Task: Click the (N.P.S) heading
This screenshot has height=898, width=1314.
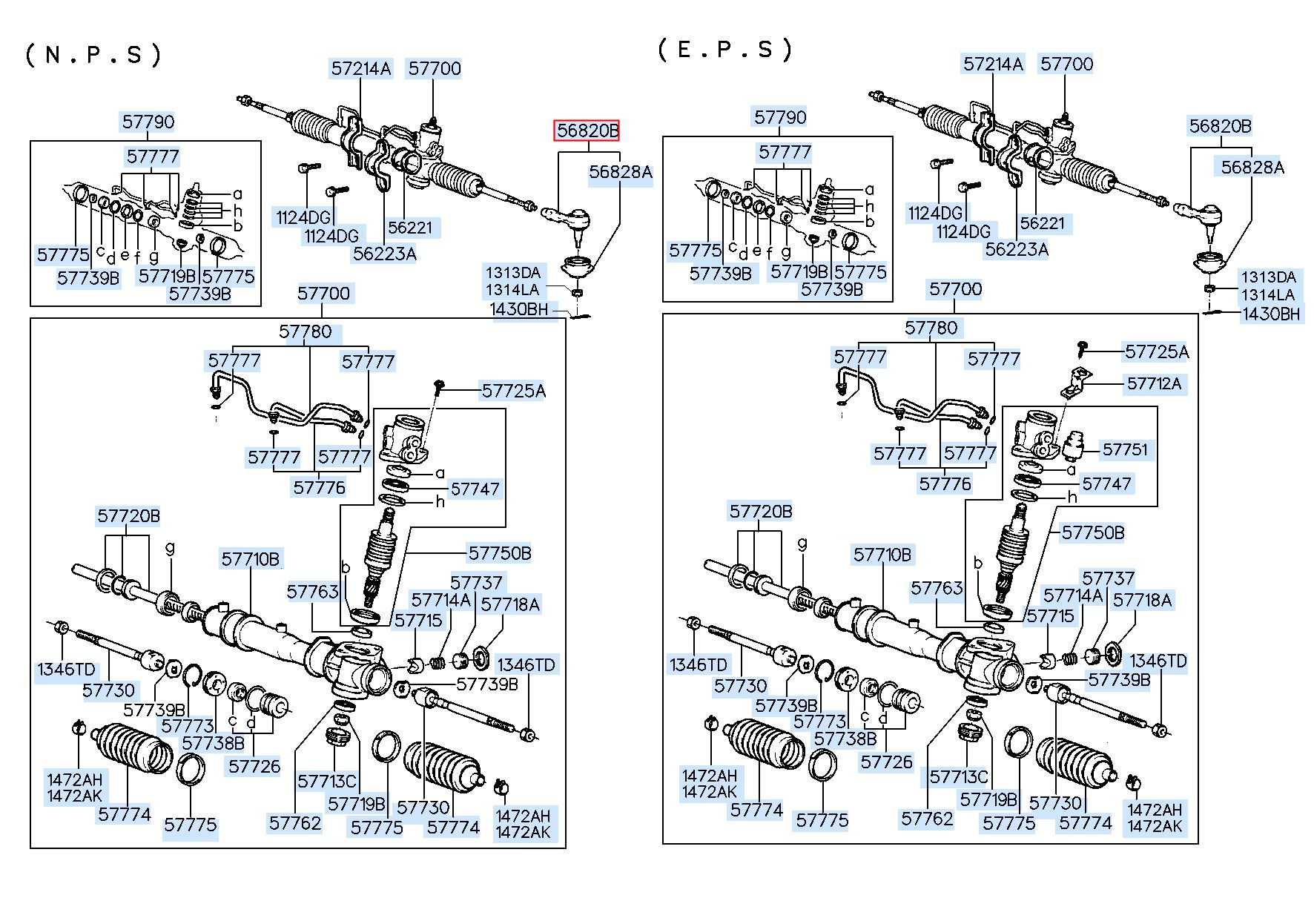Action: (x=93, y=55)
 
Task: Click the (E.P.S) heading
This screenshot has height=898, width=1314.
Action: (x=725, y=50)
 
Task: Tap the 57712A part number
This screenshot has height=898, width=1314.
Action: (x=1154, y=383)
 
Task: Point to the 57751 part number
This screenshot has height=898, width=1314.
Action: (x=1125, y=449)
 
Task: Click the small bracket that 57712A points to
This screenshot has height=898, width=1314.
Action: (x=1073, y=382)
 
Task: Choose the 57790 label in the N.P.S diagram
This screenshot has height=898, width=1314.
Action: (x=148, y=122)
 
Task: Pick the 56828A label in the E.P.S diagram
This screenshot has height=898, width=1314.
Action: (x=1252, y=167)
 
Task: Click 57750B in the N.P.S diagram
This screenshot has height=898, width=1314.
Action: (x=500, y=553)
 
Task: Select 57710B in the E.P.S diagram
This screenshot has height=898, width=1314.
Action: (x=882, y=555)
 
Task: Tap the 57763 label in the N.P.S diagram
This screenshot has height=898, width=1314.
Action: (x=312, y=592)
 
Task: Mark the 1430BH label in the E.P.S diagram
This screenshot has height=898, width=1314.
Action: (x=1271, y=314)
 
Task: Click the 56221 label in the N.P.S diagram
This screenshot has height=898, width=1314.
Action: (x=410, y=227)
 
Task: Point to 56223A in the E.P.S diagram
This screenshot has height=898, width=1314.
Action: (x=1017, y=249)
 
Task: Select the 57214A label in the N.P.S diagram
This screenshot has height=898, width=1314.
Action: (x=361, y=68)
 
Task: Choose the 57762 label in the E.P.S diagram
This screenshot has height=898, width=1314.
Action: (x=928, y=819)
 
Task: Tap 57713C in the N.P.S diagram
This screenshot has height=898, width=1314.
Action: (x=327, y=782)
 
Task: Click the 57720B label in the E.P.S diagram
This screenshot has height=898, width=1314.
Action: (x=761, y=511)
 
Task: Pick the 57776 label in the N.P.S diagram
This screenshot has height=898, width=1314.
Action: (x=320, y=487)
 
